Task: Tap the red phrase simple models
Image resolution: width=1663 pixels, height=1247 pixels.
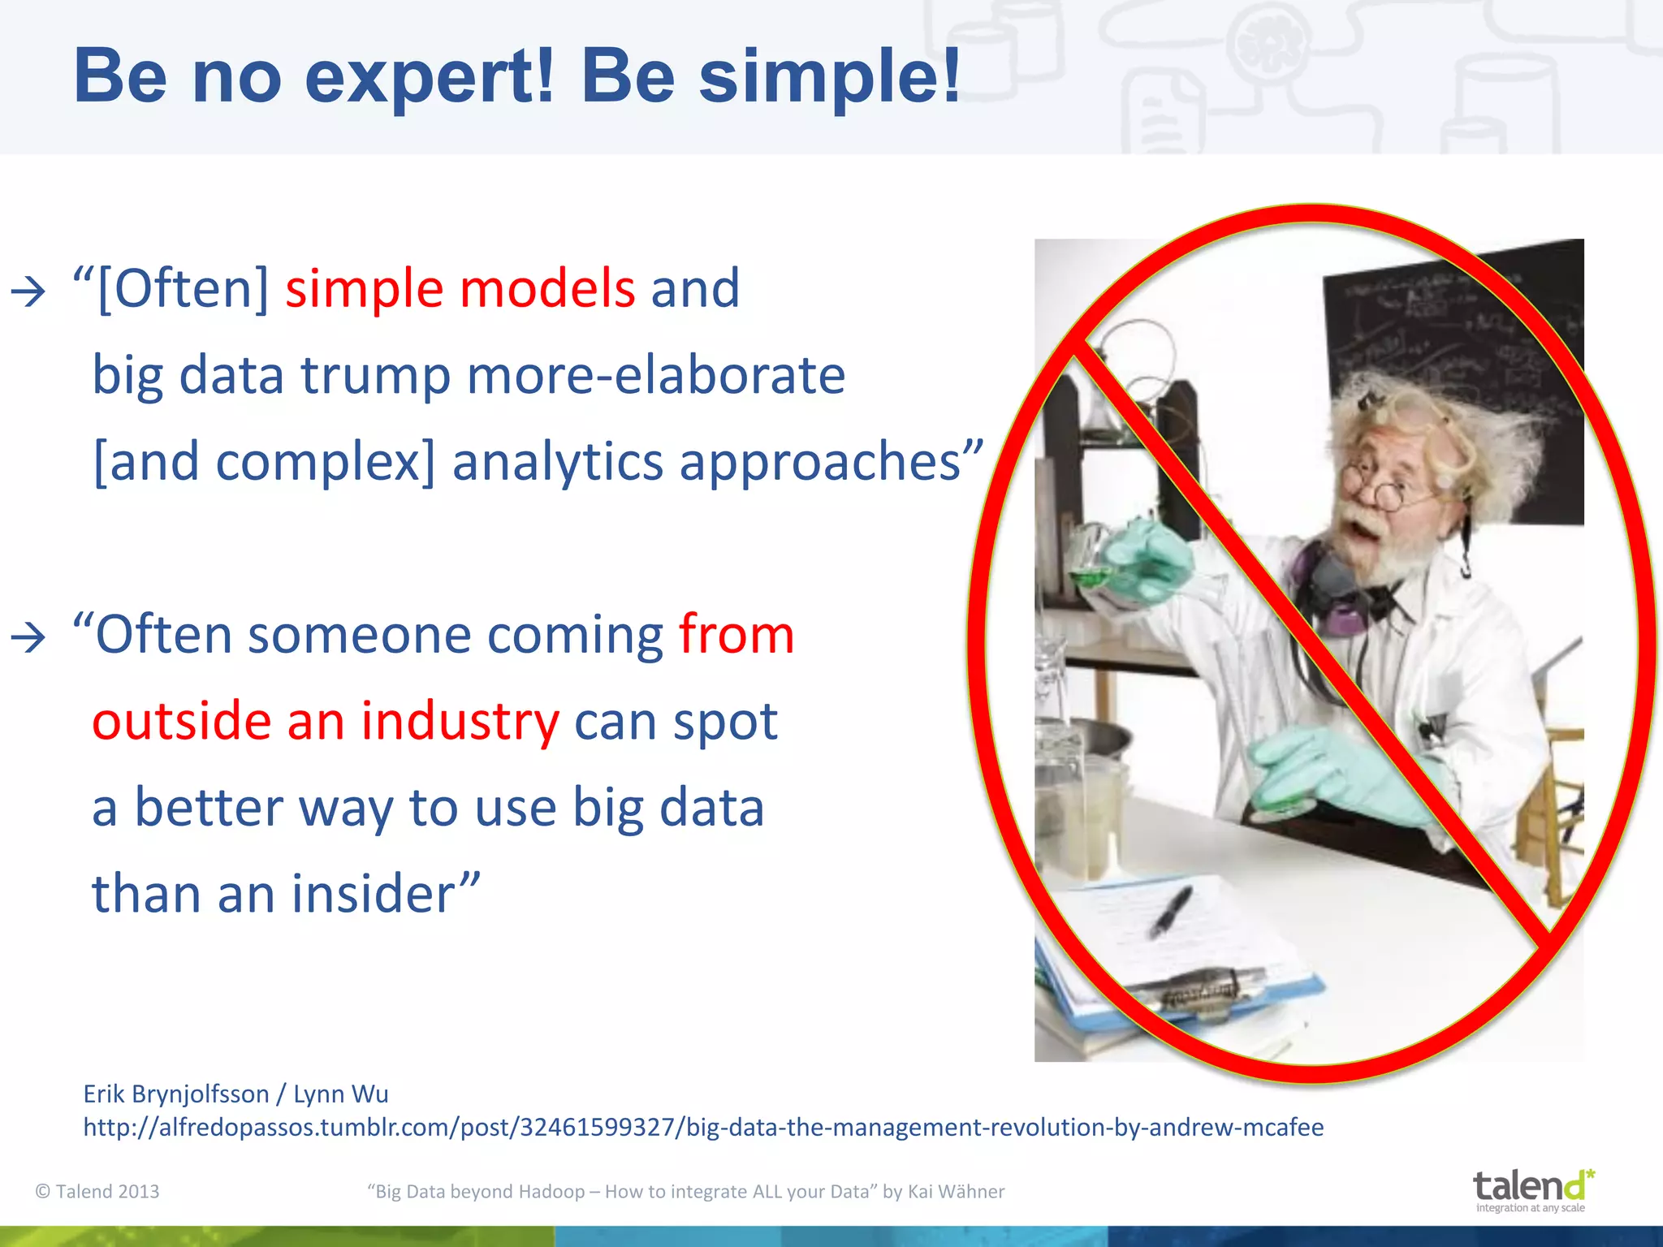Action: pos(460,288)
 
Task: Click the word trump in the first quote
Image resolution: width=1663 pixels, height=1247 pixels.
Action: pos(375,375)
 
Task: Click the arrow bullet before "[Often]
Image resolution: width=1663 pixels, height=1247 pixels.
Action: pos(28,291)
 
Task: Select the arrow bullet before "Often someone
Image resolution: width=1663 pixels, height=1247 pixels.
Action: pos(28,637)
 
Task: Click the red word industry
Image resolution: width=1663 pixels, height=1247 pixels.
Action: pos(460,721)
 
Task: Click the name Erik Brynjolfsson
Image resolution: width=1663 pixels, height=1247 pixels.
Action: pos(175,1094)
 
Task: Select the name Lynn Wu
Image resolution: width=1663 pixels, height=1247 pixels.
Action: pos(341,1094)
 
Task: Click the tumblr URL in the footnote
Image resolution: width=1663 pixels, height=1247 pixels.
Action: pos(703,1127)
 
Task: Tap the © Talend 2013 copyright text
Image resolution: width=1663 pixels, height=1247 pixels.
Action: pos(97,1191)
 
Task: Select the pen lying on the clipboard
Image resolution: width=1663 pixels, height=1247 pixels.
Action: pos(1169,912)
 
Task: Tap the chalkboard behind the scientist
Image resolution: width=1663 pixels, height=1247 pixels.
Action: pos(1454,341)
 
